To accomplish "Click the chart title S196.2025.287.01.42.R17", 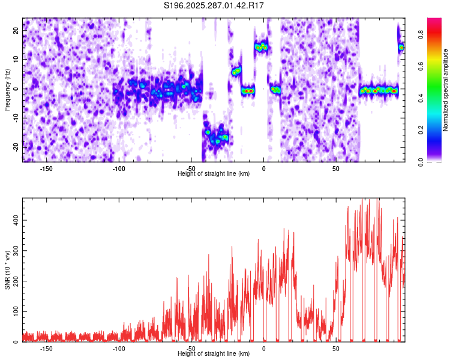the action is coord(214,5).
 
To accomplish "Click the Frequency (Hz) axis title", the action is coord(7,90).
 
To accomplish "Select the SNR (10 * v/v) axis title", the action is coord(7,270).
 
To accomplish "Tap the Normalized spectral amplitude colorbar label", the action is coord(445,90).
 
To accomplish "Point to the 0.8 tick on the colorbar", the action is coord(421,34).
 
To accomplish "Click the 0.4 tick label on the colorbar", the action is coord(421,98).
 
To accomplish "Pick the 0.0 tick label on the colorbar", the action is coord(421,162).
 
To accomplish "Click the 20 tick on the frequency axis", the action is coord(16,30).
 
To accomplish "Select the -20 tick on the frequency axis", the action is coord(16,147).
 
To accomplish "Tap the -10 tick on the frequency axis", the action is coord(16,118).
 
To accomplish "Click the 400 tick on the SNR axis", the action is coord(16,220).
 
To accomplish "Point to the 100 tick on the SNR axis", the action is coord(16,311).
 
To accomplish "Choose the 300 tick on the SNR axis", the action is coord(16,251).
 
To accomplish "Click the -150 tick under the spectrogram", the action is coord(46,169).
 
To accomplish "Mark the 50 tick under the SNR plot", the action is coord(336,349).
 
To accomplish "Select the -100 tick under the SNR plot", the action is coord(119,349).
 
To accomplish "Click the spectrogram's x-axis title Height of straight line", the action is coord(214,173).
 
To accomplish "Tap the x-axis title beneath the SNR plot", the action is coord(214,353).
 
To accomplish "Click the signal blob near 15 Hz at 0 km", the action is coord(261,47).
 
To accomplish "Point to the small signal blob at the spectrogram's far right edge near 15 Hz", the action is coord(401,47).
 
